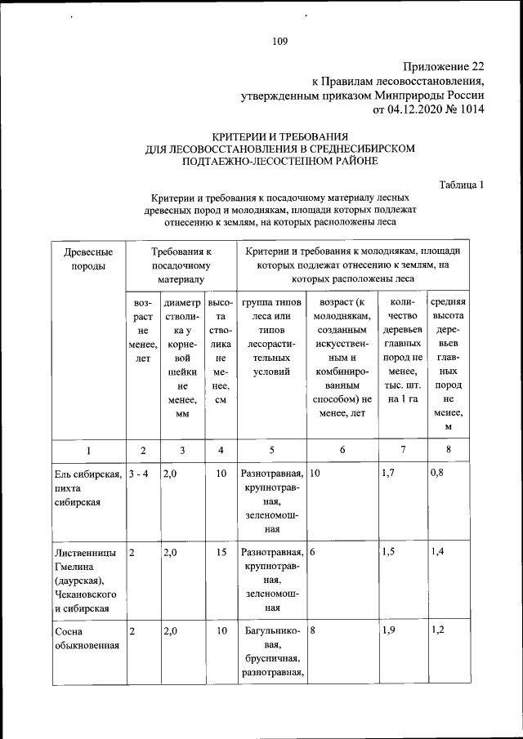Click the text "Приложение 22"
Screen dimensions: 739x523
(445, 66)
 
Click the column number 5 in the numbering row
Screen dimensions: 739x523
(271, 450)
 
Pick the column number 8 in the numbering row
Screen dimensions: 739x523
(448, 450)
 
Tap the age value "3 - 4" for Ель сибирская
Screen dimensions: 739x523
(139, 473)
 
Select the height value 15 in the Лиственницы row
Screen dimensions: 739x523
(221, 553)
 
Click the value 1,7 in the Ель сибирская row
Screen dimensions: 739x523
(389, 473)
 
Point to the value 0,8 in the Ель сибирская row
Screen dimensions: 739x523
(439, 473)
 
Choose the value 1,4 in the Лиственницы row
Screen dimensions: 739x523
(439, 553)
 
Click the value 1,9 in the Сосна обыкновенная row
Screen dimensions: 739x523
(389, 631)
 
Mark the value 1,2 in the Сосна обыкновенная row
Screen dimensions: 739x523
(439, 631)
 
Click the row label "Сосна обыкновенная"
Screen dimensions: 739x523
(82, 639)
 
